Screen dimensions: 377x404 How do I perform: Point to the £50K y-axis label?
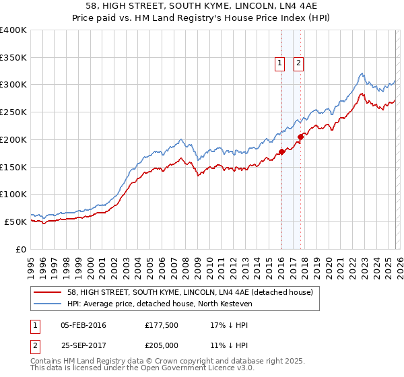(x=15, y=221)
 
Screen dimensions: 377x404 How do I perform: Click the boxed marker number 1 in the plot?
(x=279, y=63)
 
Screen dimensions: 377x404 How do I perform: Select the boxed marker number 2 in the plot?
(x=298, y=63)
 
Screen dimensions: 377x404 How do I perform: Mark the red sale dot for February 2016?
(x=281, y=152)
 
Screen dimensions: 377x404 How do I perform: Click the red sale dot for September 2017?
(x=301, y=137)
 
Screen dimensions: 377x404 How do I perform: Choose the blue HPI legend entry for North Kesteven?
(x=159, y=304)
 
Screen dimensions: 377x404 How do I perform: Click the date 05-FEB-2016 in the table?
(x=83, y=325)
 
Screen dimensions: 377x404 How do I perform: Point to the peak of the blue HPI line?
(x=362, y=73)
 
